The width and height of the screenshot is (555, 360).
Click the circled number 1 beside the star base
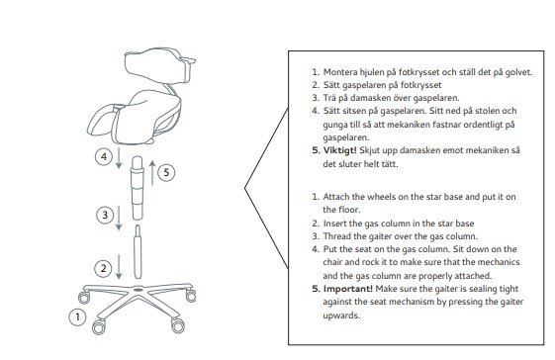[x=77, y=316]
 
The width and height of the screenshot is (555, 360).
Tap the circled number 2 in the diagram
[x=103, y=268]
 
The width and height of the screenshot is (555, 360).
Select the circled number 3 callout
[x=105, y=215]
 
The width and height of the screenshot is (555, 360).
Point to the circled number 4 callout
[x=104, y=156]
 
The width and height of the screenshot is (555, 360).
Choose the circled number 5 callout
[x=166, y=173]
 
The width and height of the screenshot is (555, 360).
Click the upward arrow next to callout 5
[x=152, y=173]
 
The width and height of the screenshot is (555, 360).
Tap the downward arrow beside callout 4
[x=119, y=158]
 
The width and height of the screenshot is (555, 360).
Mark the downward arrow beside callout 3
[x=119, y=218]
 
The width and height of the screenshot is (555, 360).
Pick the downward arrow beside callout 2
[x=119, y=267]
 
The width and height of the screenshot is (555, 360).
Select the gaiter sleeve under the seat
[x=138, y=188]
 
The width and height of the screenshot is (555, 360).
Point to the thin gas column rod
[x=138, y=252]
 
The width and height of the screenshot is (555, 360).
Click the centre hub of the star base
[x=138, y=289]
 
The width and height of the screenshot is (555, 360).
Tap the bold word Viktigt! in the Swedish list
[x=339, y=150]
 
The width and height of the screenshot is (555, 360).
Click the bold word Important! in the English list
[x=348, y=289]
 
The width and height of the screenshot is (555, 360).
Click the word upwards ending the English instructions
[x=341, y=315]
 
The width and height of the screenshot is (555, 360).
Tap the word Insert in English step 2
[x=334, y=224]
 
